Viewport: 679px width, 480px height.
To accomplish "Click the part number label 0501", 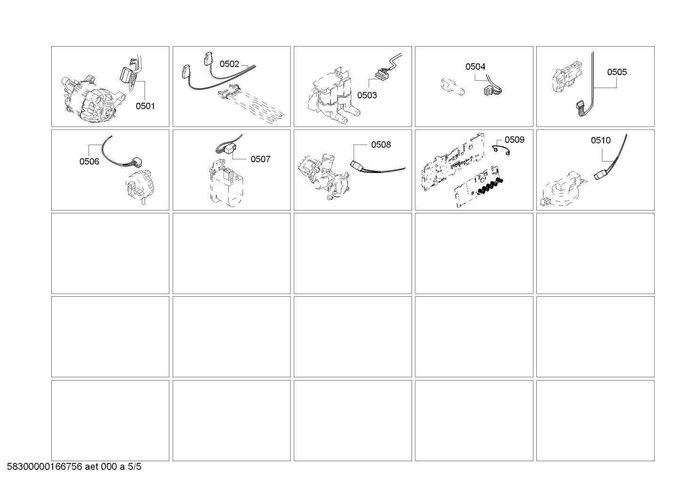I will coord(145,106).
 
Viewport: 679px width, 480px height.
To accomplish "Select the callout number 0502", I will coord(229,64).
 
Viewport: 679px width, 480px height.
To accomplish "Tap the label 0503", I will coord(367,95).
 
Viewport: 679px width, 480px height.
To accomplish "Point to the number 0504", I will coord(475,67).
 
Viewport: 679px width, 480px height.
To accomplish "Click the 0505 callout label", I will coord(616,72).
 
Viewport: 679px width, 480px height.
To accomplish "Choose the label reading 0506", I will coord(89,162).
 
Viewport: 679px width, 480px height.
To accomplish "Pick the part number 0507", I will coord(260,159).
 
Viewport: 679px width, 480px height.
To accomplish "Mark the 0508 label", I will coord(380,145).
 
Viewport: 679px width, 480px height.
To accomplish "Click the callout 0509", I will coord(514,139).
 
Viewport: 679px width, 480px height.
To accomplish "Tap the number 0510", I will coord(600,140).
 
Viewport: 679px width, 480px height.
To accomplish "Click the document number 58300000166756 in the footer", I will coord(45,467).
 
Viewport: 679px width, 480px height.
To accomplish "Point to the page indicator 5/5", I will coord(134,467).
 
